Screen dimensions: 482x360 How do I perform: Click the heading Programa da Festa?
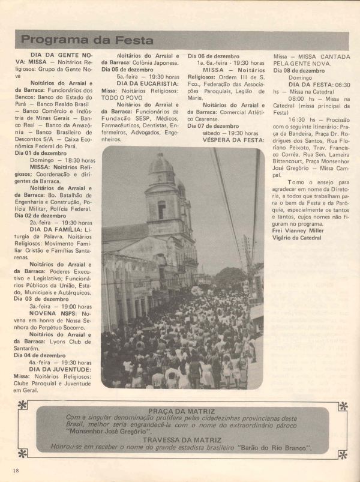pos(86,40)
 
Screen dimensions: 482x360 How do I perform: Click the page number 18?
pos(15,468)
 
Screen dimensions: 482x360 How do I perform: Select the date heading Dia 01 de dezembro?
pos(40,154)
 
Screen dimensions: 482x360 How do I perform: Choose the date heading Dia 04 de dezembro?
pos(40,355)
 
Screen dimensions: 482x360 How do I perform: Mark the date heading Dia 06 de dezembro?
pos(214,56)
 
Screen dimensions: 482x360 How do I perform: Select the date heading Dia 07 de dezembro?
pos(214,125)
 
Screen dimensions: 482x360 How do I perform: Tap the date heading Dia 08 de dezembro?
pos(299,70)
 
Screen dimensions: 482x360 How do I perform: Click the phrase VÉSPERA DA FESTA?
pos(225,140)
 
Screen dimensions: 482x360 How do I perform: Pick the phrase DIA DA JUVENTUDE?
pos(60,370)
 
